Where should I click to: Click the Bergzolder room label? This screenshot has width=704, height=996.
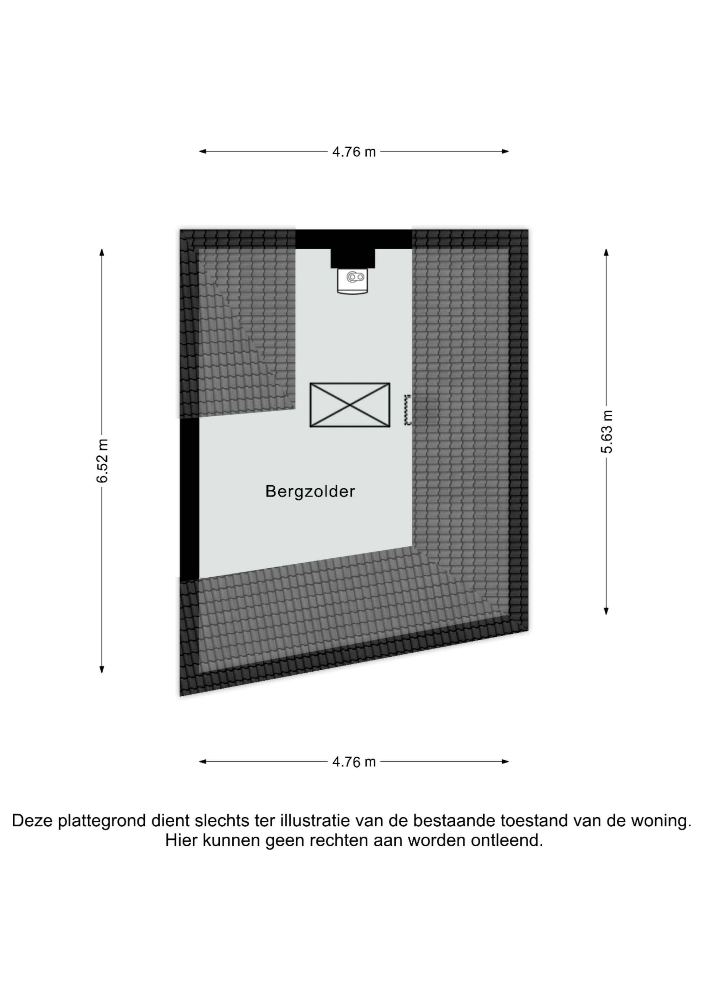[310, 492]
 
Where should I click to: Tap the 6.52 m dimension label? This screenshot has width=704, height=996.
[102, 461]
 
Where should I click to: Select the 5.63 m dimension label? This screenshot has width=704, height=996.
[607, 432]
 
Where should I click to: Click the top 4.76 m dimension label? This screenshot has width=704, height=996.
[354, 152]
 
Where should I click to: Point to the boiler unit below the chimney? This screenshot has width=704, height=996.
[352, 281]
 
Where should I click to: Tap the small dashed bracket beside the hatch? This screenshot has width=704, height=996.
[407, 409]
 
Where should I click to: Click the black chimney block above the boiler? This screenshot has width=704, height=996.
[353, 259]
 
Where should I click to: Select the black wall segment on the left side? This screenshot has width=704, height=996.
[190, 499]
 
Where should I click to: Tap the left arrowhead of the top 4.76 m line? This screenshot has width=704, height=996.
[203, 151]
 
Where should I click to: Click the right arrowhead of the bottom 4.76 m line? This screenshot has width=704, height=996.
[505, 761]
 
